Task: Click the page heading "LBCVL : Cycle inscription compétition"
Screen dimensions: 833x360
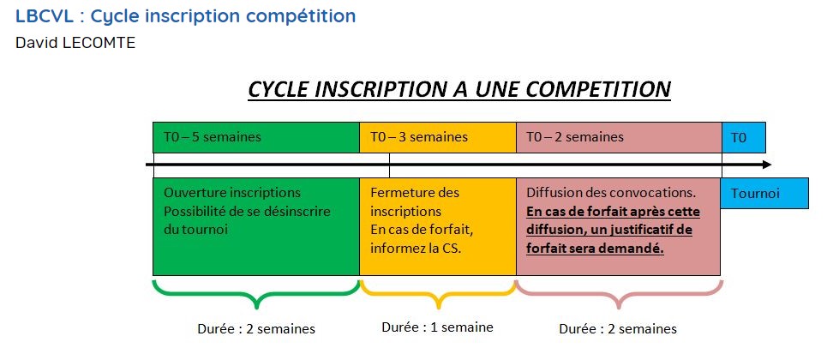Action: [185, 16]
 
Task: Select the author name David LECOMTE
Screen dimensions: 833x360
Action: [75, 43]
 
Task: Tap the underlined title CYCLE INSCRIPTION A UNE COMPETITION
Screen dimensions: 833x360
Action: [459, 90]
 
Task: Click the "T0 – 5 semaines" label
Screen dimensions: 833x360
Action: [213, 137]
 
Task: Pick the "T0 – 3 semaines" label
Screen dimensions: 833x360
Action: [419, 137]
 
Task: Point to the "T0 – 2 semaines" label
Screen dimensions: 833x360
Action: [575, 137]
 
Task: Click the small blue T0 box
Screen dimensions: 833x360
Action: [743, 137]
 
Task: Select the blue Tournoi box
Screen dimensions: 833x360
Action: [764, 193]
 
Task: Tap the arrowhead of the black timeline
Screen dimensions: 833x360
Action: [767, 165]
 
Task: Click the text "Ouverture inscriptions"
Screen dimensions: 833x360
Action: [232, 192]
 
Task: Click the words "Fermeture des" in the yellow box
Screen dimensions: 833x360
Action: [415, 192]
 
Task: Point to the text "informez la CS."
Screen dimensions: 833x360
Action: [416, 249]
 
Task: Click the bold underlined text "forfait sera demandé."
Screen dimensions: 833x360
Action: [595, 249]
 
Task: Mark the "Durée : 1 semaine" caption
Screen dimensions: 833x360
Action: [437, 327]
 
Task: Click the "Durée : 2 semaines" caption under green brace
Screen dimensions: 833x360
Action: [256, 329]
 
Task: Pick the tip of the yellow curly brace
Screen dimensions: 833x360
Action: [438, 308]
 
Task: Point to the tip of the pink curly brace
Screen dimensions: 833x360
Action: [619, 308]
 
